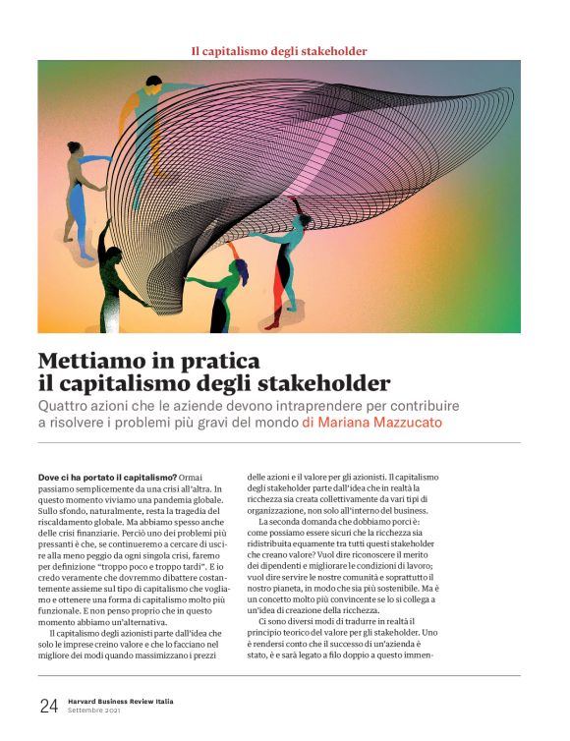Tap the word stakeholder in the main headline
coord(328,383)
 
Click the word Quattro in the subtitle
coord(67,405)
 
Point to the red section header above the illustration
coord(279,49)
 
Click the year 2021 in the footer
coord(123,712)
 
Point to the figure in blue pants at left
coord(84,192)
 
